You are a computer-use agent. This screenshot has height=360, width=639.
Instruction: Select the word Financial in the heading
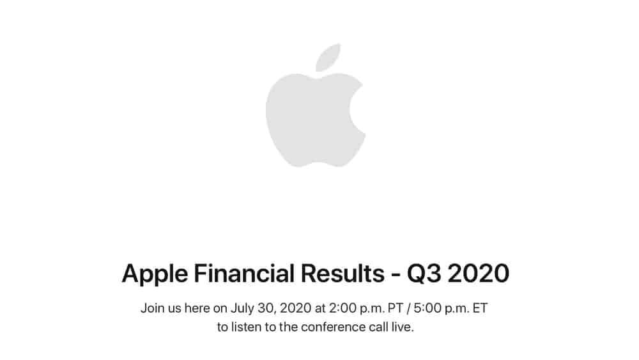coord(231,274)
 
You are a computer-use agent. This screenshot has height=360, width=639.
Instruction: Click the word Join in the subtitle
coord(152,309)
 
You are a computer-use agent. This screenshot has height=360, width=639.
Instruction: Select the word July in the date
coord(243,309)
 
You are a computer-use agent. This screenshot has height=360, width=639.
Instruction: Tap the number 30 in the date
coord(267,309)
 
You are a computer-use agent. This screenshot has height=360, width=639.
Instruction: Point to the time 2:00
coord(339,309)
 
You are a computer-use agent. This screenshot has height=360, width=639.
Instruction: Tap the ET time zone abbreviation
coord(480,309)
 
